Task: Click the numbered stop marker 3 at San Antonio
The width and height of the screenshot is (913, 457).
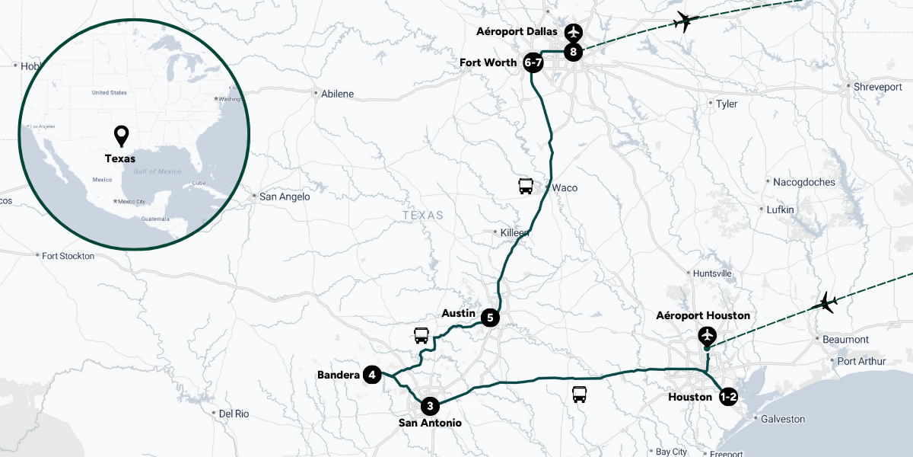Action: point(430,405)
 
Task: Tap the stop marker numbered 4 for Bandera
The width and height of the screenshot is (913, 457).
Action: point(372,375)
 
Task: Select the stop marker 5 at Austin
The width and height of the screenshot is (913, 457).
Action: point(491,318)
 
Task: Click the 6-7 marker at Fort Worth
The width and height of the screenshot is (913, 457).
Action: point(533,63)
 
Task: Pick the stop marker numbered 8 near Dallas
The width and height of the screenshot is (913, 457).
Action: point(574,53)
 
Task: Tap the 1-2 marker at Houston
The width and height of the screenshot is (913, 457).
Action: point(728,396)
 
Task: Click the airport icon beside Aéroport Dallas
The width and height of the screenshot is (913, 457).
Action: point(574,32)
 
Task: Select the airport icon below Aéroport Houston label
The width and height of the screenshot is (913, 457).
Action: point(708,335)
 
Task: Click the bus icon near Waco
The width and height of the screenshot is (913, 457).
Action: point(526,186)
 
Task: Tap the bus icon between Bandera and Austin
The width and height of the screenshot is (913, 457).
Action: point(422,335)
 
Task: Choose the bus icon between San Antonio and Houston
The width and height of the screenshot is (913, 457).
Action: point(580,395)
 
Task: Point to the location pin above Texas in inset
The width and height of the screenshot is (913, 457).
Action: point(121,136)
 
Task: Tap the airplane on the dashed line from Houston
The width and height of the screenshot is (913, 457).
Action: point(826,302)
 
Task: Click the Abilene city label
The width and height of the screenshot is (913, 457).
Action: point(338,94)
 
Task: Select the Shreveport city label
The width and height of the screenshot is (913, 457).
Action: point(877,87)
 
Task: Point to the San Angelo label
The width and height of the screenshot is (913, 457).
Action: point(285,197)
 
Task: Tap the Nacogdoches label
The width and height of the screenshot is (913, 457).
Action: point(803,182)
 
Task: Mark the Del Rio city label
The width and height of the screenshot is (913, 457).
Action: point(234,414)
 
